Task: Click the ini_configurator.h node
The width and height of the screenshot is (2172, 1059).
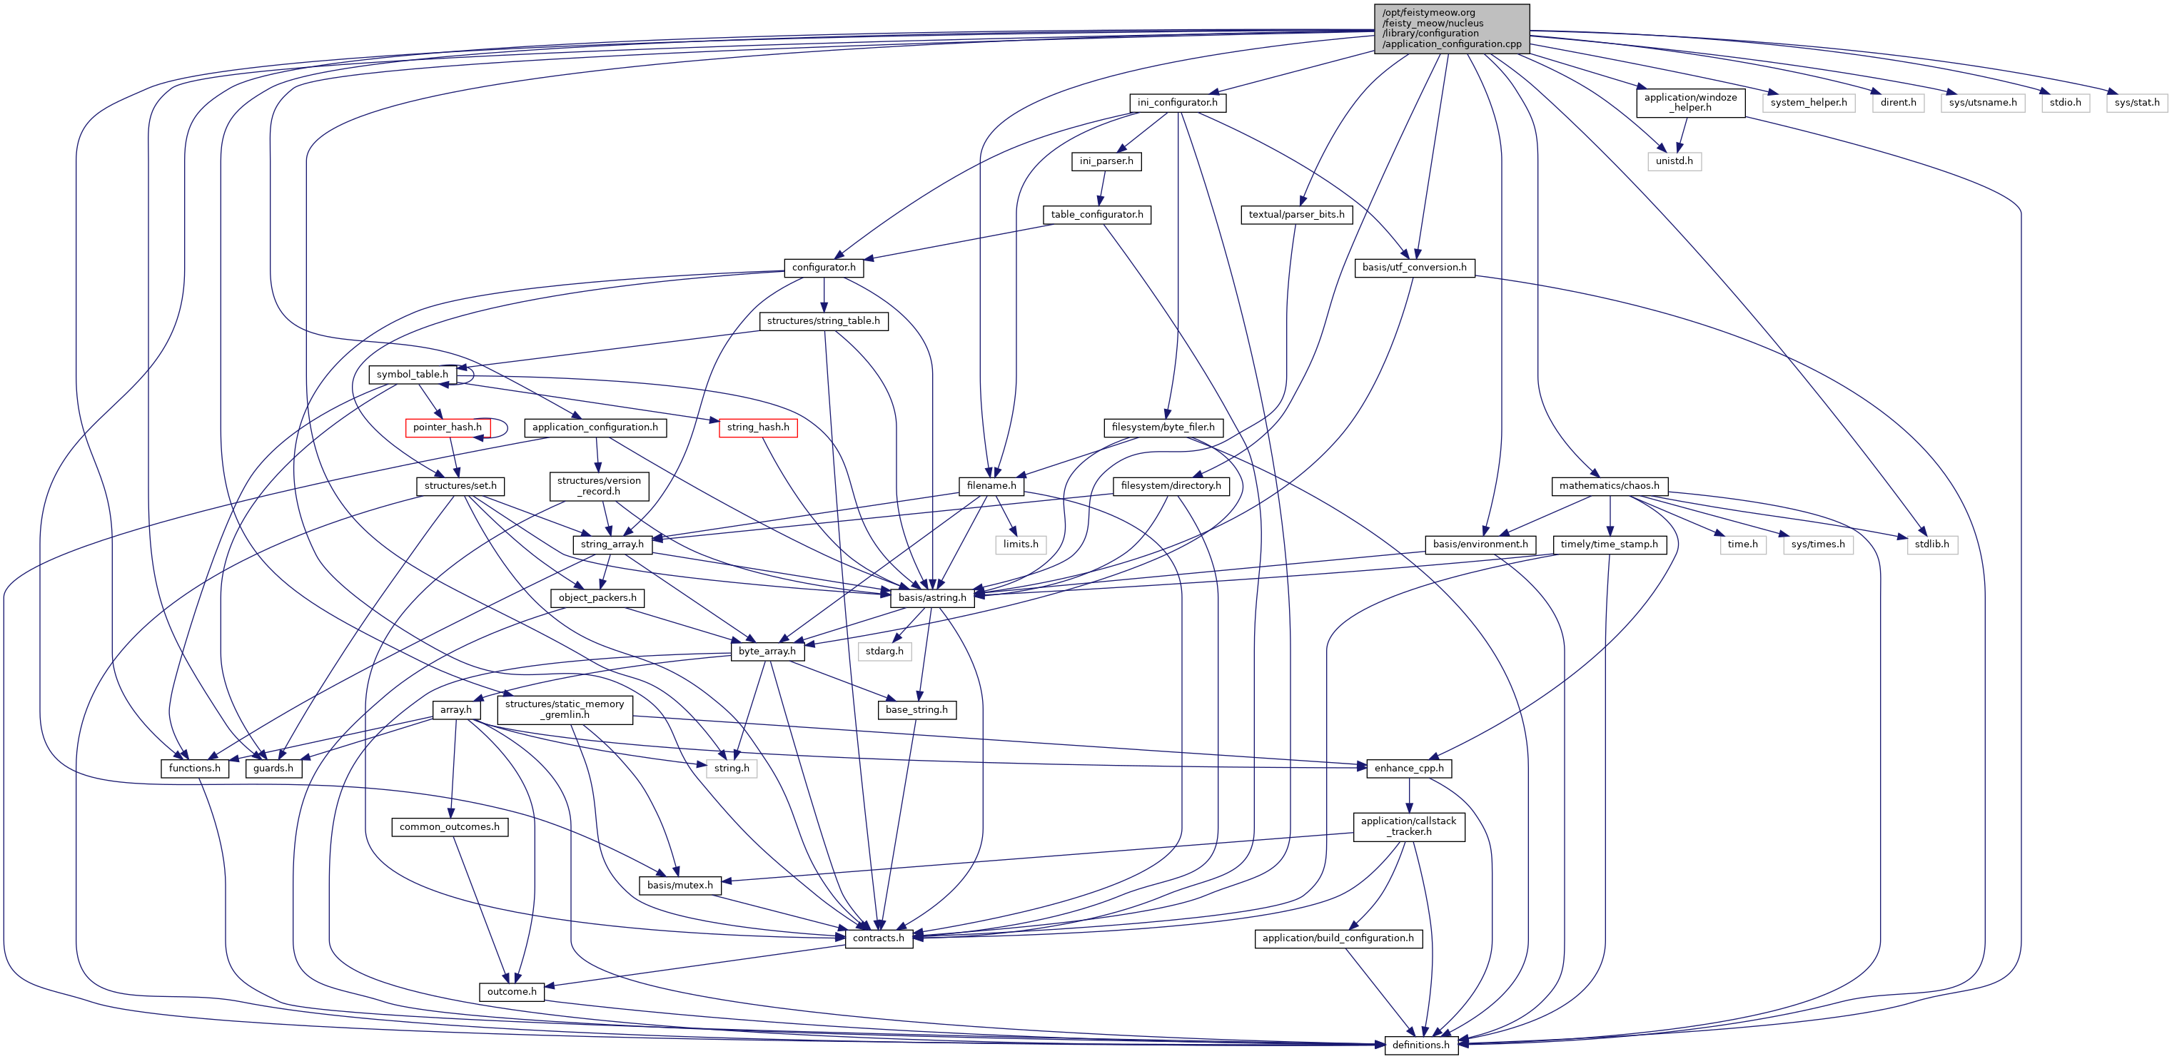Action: coord(1177,103)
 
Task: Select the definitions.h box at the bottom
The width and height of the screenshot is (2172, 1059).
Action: coord(1420,1045)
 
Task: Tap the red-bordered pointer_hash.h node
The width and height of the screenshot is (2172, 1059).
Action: coord(448,427)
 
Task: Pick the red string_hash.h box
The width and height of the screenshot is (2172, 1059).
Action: coord(758,427)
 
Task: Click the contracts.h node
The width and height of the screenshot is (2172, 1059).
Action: coord(878,938)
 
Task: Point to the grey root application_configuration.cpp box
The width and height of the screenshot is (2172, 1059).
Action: coord(1452,29)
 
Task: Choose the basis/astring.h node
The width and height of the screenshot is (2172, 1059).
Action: coord(931,598)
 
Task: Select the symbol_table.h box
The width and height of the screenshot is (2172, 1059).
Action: coord(413,375)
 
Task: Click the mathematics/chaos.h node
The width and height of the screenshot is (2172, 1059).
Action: coord(1609,486)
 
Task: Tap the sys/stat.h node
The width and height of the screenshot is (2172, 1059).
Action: coord(2136,103)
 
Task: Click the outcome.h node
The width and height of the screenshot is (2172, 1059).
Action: coord(512,991)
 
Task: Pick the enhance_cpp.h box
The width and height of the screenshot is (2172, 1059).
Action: coord(1409,768)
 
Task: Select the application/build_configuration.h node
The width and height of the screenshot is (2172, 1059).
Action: coord(1338,938)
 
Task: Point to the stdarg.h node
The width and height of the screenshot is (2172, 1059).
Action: coord(884,652)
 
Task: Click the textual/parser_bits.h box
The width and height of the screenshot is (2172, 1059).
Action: coord(1296,215)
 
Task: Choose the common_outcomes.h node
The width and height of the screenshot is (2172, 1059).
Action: coord(450,827)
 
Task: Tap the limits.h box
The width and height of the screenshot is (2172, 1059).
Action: coord(1020,544)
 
